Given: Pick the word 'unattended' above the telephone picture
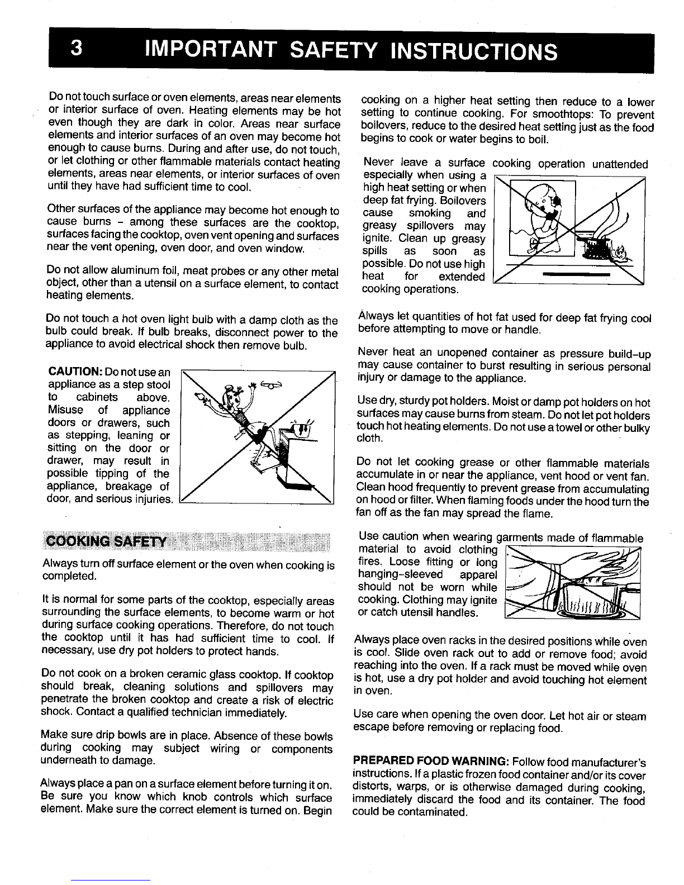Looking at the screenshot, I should pos(619,164).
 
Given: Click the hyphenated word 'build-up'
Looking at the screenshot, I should pos(626,354).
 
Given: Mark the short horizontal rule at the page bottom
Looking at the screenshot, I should pos(111,879).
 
